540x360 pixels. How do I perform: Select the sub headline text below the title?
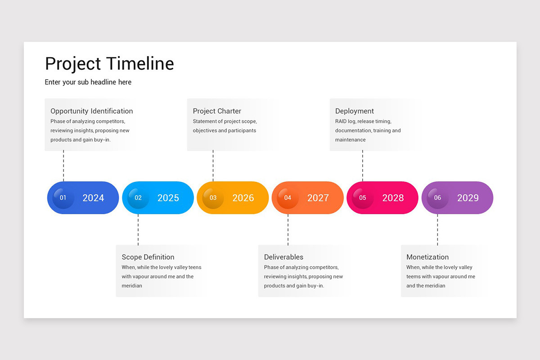point(88,82)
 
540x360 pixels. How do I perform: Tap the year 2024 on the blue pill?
point(93,198)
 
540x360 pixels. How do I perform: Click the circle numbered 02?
point(138,198)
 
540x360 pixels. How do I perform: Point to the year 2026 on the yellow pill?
point(243,198)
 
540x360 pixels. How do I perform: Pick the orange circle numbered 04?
point(288,198)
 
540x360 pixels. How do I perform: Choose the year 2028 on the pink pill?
point(393,198)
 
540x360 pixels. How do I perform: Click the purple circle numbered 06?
point(437,198)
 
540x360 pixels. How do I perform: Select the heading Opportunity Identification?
point(91,111)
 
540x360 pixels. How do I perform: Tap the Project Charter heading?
point(217,111)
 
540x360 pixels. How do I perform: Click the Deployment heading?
point(355,111)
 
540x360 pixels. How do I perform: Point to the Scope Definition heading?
point(148,257)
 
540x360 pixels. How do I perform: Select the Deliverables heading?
point(283,257)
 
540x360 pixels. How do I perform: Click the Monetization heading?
point(427,257)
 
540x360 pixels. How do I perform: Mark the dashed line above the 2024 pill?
point(63,166)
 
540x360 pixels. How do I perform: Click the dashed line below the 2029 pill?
point(437,229)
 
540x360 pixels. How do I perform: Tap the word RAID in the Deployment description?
point(341,121)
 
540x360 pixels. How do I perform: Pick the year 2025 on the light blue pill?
point(168,198)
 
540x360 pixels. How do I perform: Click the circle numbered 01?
point(63,198)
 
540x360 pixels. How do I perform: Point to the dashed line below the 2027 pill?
point(288,229)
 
